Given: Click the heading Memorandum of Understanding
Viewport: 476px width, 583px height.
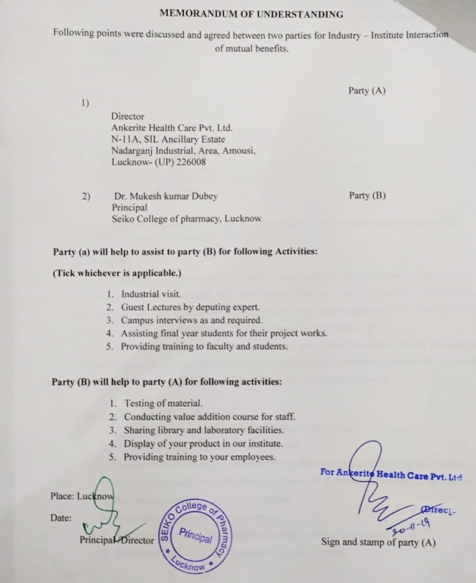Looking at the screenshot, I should tap(250, 14).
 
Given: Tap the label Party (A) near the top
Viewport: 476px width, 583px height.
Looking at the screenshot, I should tap(367, 91).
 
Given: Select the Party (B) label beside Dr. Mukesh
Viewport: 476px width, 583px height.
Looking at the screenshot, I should tap(367, 196).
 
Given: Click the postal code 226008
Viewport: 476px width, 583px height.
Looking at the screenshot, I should tap(190, 162).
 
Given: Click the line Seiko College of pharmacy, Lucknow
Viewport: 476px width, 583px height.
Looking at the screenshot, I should tap(186, 219).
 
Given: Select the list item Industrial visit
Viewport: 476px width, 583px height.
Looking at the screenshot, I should tap(151, 294).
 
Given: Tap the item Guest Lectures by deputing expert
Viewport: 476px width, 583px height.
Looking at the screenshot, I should tap(190, 307).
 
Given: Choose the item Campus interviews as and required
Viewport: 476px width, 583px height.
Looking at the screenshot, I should tap(192, 320).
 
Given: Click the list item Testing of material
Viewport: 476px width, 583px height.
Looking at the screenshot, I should tap(163, 404).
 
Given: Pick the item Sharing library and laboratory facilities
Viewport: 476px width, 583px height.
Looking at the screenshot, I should tap(203, 430).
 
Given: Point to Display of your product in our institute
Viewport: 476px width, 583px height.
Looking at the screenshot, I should tap(203, 444).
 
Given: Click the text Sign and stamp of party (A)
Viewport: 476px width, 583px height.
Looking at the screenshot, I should tap(378, 542).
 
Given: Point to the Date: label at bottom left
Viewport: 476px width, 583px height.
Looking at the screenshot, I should tap(61, 518).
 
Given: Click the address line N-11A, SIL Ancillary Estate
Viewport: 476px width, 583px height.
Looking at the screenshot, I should tap(168, 139).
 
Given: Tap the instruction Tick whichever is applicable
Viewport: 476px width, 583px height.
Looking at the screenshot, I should tap(117, 273).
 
